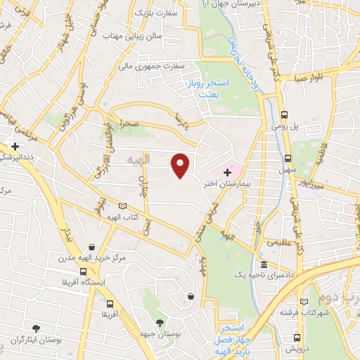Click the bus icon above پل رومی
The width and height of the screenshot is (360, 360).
[x=284, y=115]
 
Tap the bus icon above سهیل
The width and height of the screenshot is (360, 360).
[x=288, y=157]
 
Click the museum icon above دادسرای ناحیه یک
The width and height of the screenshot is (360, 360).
[x=264, y=266]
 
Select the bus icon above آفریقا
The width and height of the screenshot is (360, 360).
[x=108, y=304]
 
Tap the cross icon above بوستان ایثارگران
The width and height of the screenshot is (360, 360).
[x=34, y=326]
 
